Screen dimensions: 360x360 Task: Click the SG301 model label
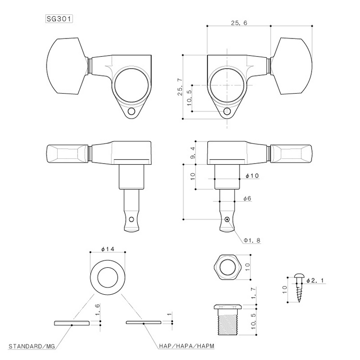60,19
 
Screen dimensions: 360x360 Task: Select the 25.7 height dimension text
180,87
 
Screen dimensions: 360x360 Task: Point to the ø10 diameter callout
252,176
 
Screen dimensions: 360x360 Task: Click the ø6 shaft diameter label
248,198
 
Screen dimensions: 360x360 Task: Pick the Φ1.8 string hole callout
252,240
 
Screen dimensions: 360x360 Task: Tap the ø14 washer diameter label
107,249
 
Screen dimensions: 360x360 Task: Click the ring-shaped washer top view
108,278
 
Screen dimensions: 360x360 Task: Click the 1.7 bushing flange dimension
253,291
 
